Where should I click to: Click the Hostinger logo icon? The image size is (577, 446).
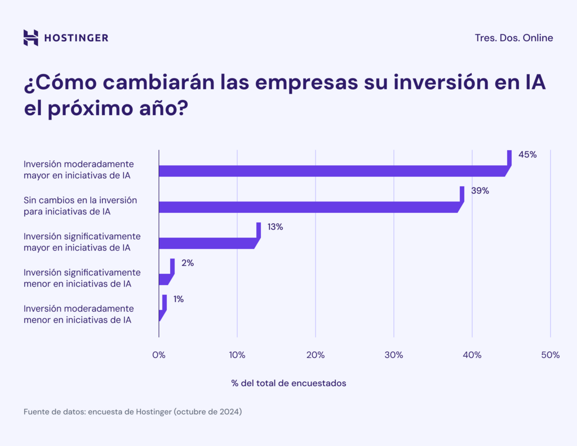31,38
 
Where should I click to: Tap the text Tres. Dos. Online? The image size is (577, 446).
514,38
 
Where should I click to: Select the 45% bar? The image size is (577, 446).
332,171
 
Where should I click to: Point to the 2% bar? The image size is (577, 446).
165,279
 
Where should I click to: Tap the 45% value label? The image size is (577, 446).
527,155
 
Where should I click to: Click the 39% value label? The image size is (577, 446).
480,191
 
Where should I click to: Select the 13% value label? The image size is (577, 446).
275,227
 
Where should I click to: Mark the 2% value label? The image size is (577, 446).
188,263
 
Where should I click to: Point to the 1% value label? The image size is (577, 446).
179,299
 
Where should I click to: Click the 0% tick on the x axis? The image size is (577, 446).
159,355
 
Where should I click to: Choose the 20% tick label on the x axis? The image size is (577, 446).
316,355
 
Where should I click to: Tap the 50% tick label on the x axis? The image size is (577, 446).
550,355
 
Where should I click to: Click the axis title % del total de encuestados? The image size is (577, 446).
288,383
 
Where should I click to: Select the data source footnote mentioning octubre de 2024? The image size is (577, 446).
132,412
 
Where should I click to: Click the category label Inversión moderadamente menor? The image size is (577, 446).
79,314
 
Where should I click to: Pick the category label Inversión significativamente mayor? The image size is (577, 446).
82,242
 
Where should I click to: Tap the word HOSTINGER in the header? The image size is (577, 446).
76,38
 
